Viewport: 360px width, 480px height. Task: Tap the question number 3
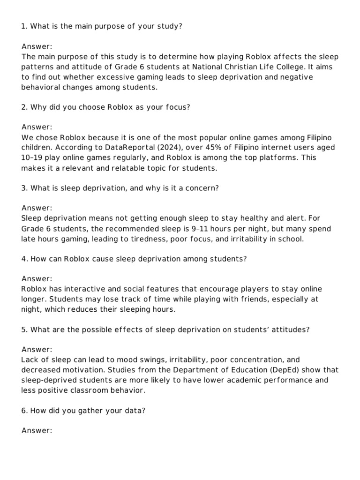coord(23,188)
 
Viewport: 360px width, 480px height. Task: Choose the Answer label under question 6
coord(37,431)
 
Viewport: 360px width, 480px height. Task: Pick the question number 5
coord(23,330)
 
